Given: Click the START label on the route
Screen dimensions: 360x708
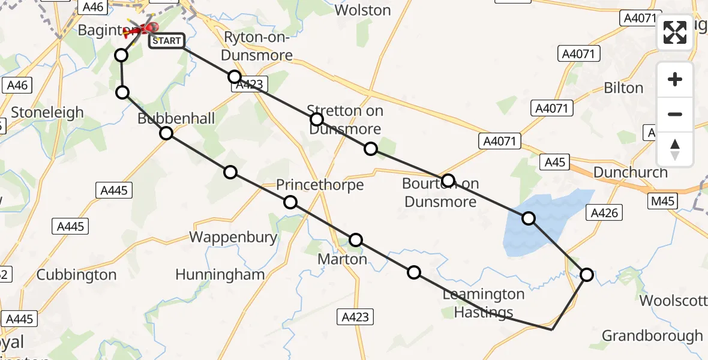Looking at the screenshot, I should pyautogui.click(x=166, y=41).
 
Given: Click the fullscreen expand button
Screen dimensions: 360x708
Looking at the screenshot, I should pyautogui.click(x=675, y=32).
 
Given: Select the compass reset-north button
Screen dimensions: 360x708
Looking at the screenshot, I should pyautogui.click(x=675, y=149).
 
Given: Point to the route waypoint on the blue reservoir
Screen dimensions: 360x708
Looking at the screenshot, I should pyautogui.click(x=529, y=218).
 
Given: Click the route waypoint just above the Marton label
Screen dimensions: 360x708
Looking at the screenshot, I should pyautogui.click(x=356, y=240).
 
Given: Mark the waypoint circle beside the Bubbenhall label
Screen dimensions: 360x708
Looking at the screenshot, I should pyautogui.click(x=166, y=133).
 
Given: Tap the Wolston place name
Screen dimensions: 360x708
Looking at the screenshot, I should pyautogui.click(x=362, y=10).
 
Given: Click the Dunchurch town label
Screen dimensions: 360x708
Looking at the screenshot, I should pyautogui.click(x=630, y=172).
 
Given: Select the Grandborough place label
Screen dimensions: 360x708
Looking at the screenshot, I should pyautogui.click(x=652, y=335).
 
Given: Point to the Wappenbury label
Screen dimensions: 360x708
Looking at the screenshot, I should pyautogui.click(x=233, y=237).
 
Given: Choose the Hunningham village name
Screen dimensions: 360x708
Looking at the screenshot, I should pyautogui.click(x=220, y=275).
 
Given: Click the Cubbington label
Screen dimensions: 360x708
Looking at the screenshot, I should pyautogui.click(x=76, y=275).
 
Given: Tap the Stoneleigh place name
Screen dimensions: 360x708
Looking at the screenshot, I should pyautogui.click(x=47, y=112).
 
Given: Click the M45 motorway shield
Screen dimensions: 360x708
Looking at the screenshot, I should pyautogui.click(x=662, y=201).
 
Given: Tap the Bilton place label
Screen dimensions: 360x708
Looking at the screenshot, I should pyautogui.click(x=623, y=88).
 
